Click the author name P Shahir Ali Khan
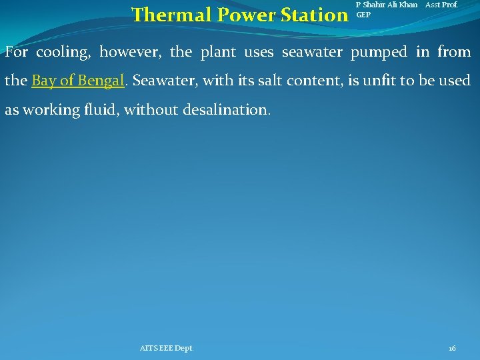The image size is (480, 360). [x=387, y=5]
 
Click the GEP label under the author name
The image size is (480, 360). [x=364, y=14]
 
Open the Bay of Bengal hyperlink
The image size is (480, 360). [x=78, y=81]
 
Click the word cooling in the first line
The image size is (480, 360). [x=63, y=52]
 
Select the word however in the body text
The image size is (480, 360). [x=130, y=52]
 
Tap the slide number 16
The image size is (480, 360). [x=453, y=348]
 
